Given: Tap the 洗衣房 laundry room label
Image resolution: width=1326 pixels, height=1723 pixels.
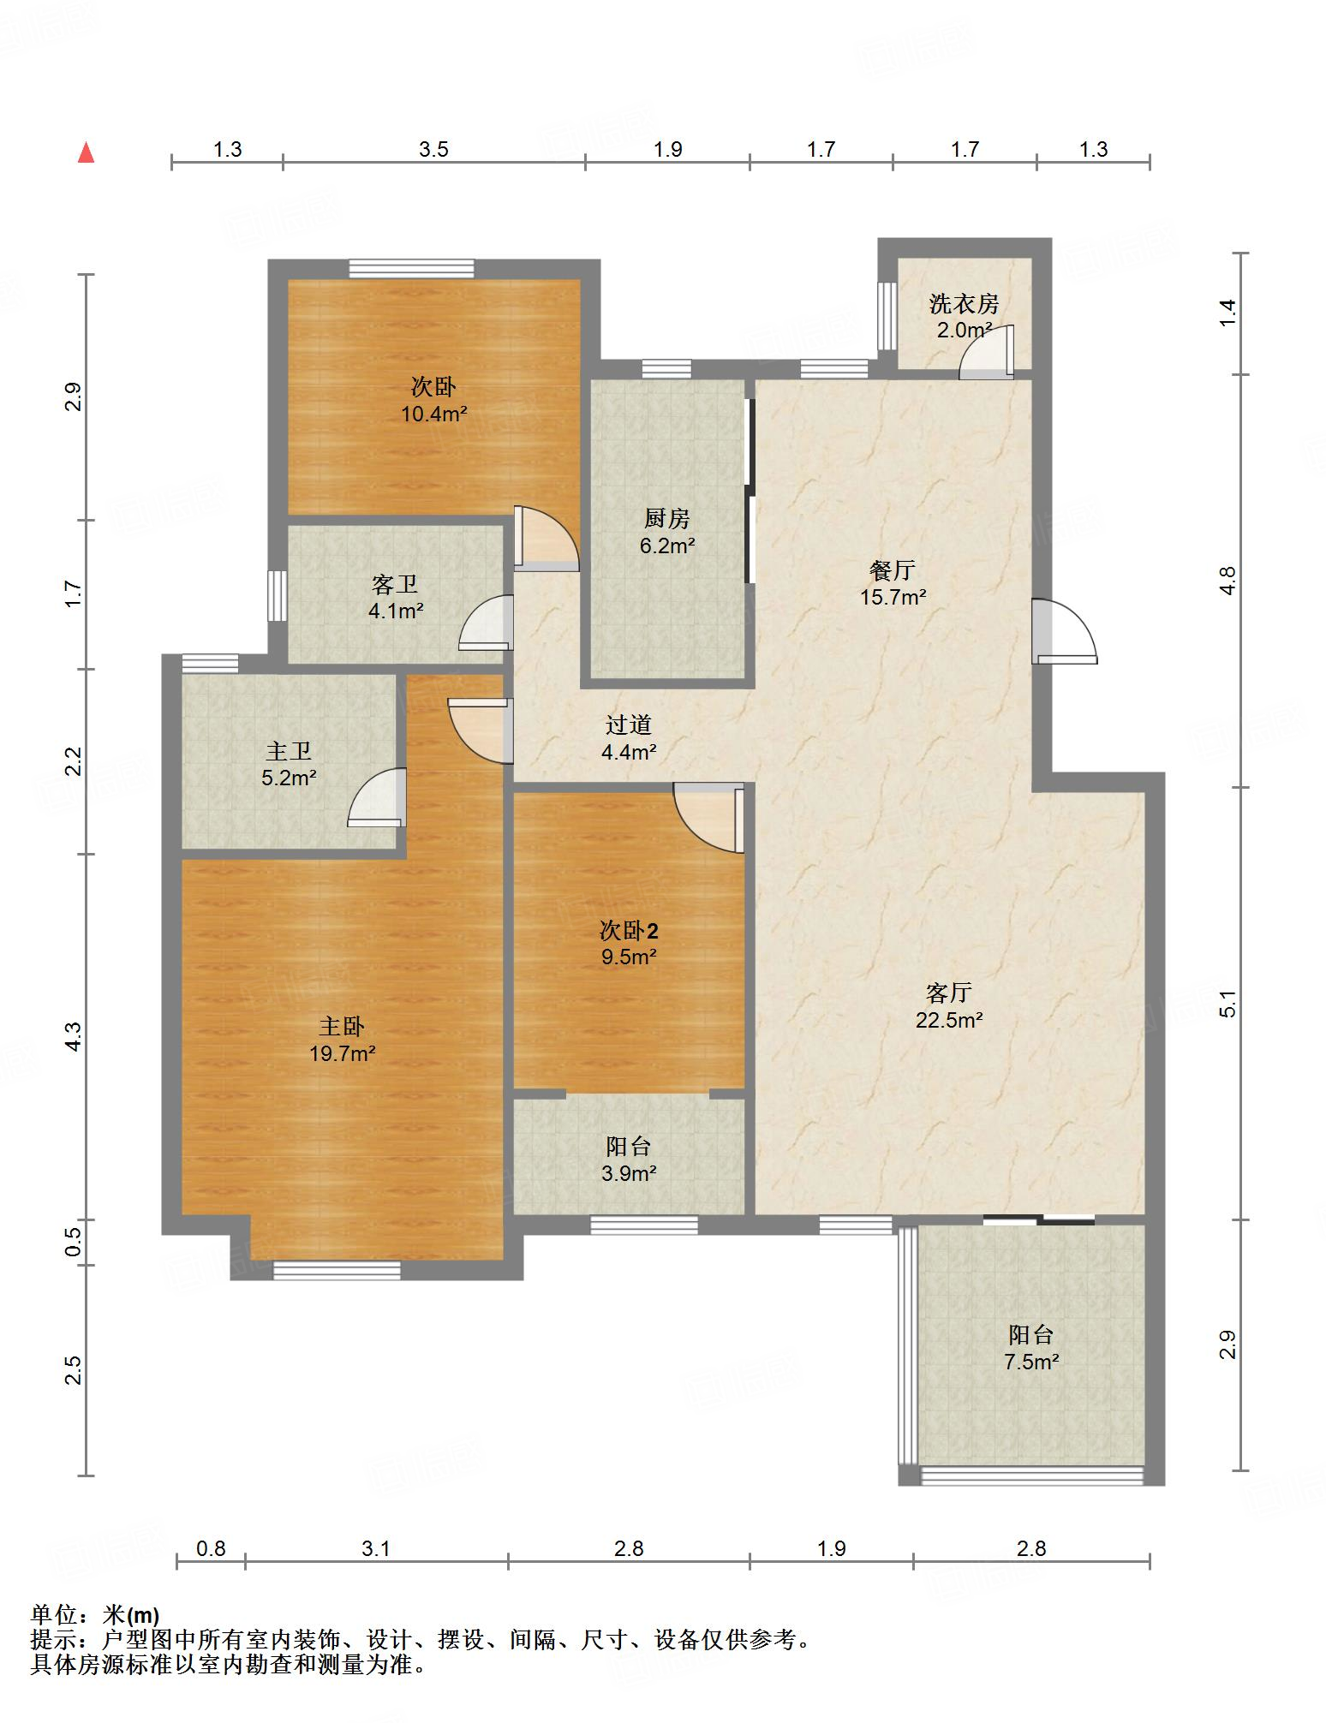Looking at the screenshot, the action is click(x=965, y=303).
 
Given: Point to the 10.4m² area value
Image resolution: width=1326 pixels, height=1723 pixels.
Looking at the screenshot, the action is click(x=434, y=414).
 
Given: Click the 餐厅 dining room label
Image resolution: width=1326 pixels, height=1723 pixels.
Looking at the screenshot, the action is click(x=893, y=569).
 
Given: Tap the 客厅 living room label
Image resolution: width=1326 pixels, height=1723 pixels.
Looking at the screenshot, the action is click(x=948, y=993).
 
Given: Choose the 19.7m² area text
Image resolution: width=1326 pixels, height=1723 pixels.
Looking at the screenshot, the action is click(x=343, y=1053).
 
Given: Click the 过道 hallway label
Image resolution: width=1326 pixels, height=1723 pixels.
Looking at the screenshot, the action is click(x=629, y=724).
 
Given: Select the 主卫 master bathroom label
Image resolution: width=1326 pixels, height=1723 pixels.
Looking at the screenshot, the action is click(x=289, y=751).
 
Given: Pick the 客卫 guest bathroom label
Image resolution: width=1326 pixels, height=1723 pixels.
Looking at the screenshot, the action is click(x=395, y=584).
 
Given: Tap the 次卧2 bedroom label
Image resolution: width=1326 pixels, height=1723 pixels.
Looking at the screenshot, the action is click(x=629, y=929).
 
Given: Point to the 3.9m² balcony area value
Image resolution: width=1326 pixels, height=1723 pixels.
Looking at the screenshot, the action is click(x=629, y=1173).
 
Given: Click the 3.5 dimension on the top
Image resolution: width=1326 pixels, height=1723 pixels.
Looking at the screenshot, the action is click(x=433, y=150).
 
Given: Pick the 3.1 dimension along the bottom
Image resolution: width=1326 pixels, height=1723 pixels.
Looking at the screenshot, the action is click(x=376, y=1548).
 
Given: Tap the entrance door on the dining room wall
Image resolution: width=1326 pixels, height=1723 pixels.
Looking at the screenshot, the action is click(x=1064, y=631).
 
